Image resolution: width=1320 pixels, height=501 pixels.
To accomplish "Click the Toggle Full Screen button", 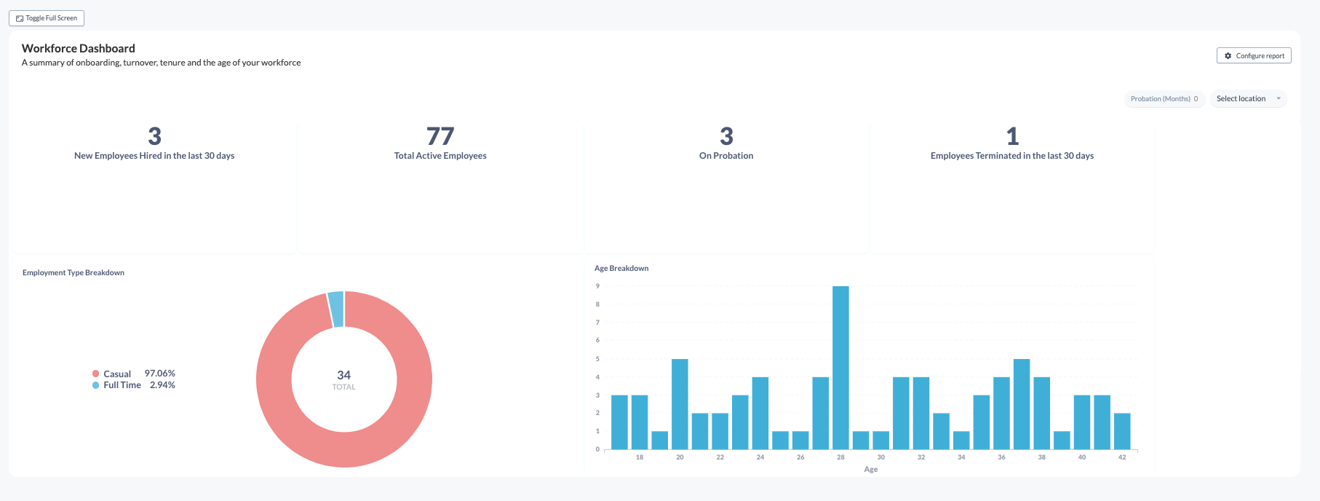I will (47, 18).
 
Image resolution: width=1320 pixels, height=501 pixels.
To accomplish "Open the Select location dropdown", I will (1248, 99).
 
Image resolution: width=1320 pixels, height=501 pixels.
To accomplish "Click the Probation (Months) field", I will (1164, 99).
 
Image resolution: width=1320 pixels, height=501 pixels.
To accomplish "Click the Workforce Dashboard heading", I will (79, 49).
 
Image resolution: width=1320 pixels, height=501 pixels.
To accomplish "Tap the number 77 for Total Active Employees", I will (440, 136).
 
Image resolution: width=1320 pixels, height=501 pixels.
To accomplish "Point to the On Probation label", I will (726, 156).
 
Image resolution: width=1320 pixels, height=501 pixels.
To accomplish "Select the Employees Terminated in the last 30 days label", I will (1011, 156).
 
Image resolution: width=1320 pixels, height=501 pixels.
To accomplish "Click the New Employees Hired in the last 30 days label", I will (154, 156).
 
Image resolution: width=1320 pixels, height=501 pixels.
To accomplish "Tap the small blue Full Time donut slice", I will (335, 309).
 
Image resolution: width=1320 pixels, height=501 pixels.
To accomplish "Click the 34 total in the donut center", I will (343, 375).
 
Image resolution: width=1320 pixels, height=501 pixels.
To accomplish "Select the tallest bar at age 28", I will (840, 368).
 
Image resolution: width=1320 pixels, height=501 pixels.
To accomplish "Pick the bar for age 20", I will (680, 404).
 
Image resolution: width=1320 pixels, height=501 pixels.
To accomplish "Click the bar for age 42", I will (1122, 431).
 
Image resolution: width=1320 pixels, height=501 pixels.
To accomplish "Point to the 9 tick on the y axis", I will (597, 286).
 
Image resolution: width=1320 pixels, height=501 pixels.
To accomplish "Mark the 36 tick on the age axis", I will (1001, 457).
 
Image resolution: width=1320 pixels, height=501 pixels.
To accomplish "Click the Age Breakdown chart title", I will (621, 269).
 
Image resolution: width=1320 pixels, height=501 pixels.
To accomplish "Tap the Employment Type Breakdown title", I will (73, 273).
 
